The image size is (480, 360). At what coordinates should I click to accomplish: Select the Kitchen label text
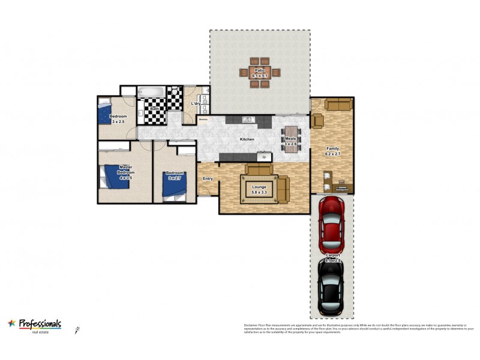[x=247, y=139]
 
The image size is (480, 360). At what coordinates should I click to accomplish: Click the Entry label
[x=208, y=179]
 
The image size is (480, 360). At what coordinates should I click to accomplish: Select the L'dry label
[x=196, y=104]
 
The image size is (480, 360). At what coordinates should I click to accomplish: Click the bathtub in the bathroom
[x=150, y=93]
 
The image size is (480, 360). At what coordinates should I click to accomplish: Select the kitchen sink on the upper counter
[x=247, y=119]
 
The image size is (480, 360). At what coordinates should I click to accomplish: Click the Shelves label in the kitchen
[x=203, y=119]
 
